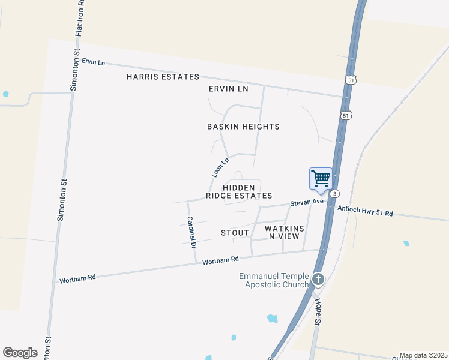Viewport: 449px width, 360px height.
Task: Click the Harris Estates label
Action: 163,77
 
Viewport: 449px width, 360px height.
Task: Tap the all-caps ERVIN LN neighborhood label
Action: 228,89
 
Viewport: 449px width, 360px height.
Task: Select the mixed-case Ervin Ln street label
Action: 94,62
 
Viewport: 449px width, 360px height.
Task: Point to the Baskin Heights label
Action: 243,127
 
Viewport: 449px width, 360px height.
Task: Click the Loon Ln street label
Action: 220,167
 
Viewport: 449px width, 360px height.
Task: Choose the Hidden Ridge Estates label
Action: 239,191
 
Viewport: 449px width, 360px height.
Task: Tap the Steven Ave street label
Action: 307,203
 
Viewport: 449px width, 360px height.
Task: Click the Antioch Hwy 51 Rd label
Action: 364,211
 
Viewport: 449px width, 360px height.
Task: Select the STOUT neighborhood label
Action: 235,233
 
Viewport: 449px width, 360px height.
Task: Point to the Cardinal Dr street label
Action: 191,232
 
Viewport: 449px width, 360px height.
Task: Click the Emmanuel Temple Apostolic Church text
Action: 273,280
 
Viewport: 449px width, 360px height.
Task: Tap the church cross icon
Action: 318,279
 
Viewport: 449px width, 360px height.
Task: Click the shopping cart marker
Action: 321,178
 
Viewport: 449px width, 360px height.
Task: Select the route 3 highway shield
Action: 335,194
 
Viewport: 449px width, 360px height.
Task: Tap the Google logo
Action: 20,353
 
